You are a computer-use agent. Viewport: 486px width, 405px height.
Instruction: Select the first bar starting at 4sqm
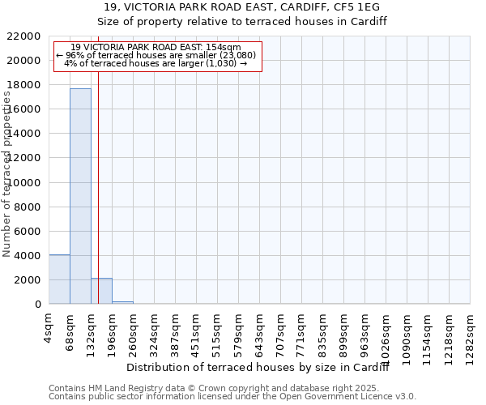click(59, 279)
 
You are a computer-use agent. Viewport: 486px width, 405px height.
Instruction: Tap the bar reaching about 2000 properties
click(101, 291)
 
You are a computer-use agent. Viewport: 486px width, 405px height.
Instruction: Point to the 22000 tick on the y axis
click(23, 36)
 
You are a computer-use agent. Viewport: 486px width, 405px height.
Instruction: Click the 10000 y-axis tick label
click(23, 182)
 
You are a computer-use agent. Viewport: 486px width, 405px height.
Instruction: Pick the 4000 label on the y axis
click(27, 256)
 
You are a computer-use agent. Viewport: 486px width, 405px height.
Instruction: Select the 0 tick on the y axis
click(37, 305)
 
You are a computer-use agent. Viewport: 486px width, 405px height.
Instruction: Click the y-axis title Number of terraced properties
click(8, 174)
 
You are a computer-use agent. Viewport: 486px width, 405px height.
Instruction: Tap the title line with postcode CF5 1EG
click(242, 7)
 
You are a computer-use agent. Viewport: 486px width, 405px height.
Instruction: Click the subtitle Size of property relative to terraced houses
click(242, 22)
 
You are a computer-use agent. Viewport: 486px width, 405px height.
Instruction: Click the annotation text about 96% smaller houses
click(156, 55)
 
